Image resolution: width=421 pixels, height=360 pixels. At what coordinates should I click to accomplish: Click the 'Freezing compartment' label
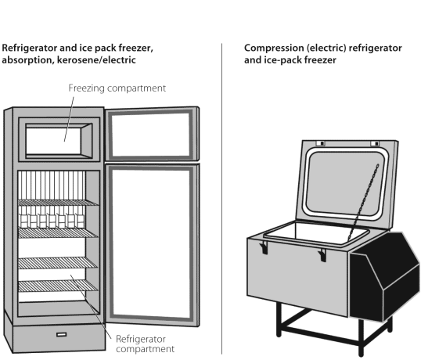(117, 88)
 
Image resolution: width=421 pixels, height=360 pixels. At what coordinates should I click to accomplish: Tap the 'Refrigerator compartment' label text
(145, 344)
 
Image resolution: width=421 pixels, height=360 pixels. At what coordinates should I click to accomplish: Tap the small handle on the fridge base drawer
(62, 334)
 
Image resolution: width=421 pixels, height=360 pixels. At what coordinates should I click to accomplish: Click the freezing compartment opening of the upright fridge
(59, 141)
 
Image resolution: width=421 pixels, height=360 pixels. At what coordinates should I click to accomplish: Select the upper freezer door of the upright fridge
(152, 135)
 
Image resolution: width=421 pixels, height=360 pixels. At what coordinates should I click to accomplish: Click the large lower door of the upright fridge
(152, 244)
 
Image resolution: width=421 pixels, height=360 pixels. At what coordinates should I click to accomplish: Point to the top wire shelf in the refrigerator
(58, 203)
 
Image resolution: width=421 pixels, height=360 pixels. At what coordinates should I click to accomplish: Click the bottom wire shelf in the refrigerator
(58, 286)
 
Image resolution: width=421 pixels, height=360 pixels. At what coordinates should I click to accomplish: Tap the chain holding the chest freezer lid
(363, 203)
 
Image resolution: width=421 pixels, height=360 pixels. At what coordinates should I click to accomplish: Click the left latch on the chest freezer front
(264, 247)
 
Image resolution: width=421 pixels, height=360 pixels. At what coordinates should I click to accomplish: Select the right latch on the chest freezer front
(322, 255)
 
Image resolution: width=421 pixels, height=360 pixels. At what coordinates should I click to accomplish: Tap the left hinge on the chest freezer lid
(320, 143)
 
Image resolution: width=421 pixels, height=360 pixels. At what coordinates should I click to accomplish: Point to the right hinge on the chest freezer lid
(375, 143)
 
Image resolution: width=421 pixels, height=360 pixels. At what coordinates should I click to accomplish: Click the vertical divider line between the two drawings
(222, 199)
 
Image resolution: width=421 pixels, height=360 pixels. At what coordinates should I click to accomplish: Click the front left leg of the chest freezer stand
(279, 319)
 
